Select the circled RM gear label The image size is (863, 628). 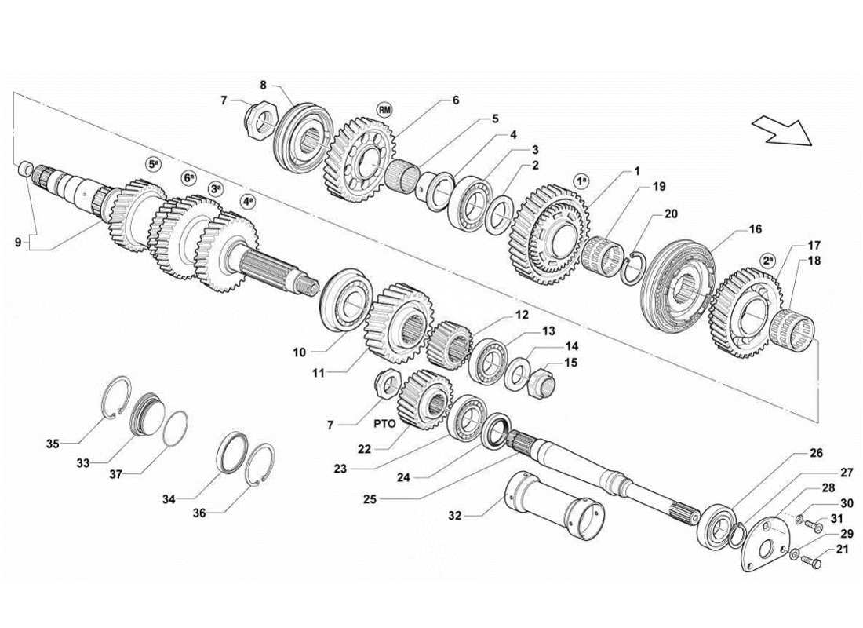[x=384, y=109]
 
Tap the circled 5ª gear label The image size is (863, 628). [x=154, y=164]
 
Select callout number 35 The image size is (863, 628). [x=52, y=444]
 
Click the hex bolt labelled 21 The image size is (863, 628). [x=814, y=561]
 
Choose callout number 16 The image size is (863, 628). [x=755, y=230]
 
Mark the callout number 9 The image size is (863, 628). [x=17, y=243]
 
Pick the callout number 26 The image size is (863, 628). [x=815, y=453]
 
